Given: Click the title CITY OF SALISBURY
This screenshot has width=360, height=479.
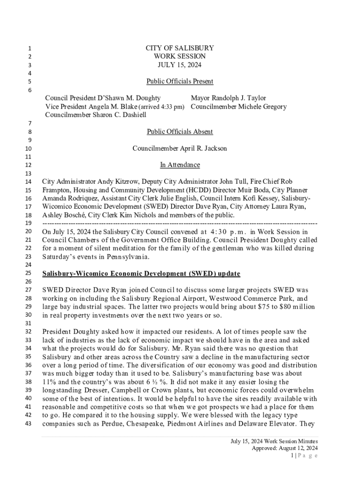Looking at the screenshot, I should click(x=180, y=48).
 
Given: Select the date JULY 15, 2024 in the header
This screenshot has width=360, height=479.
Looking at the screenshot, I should click(x=180, y=65).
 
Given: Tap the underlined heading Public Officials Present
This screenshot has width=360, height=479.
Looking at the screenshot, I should click(x=180, y=81).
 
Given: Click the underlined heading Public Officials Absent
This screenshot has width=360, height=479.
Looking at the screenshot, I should click(x=180, y=132).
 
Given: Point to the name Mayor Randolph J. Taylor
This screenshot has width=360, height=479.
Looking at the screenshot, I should click(x=228, y=98).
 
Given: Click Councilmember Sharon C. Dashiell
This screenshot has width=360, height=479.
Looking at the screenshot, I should click(x=95, y=115).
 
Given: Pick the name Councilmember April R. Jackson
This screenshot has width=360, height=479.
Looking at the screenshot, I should click(x=180, y=149).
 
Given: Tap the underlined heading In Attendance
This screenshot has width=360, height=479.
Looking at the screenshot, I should click(x=180, y=165).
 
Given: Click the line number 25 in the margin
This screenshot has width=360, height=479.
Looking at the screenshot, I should click(x=28, y=273).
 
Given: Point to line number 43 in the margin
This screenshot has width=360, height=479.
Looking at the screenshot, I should click(x=28, y=424).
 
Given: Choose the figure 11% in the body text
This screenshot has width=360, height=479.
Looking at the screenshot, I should click(x=49, y=382).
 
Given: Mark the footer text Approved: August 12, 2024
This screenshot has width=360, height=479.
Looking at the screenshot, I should click(x=285, y=448).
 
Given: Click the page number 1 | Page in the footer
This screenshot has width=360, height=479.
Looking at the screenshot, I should click(x=304, y=456).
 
